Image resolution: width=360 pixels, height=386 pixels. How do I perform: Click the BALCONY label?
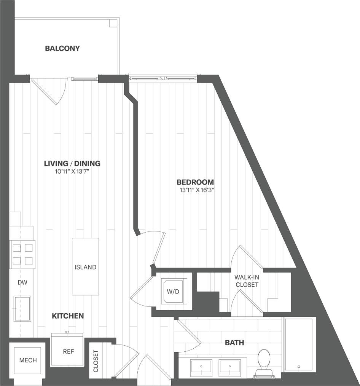[62, 48]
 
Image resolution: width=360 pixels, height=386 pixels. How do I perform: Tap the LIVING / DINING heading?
[72, 163]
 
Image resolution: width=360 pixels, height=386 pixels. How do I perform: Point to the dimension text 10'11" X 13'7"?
[72, 172]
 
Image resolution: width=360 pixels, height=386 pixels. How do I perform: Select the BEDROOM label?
[195, 182]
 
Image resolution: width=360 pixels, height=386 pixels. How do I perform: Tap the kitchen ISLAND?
[86, 266]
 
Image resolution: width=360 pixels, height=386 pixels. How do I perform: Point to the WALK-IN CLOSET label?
[247, 281]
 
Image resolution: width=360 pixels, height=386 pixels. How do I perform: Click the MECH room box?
[28, 360]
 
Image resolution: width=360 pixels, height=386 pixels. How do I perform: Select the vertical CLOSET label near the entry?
[96, 361]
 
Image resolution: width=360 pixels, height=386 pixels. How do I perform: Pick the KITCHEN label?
[68, 316]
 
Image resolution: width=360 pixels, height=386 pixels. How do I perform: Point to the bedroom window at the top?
[163, 78]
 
